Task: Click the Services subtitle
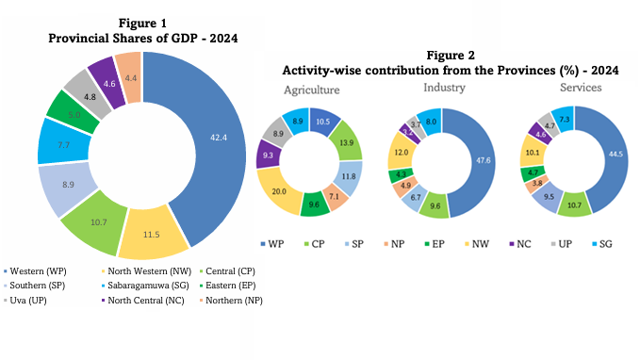578,87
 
